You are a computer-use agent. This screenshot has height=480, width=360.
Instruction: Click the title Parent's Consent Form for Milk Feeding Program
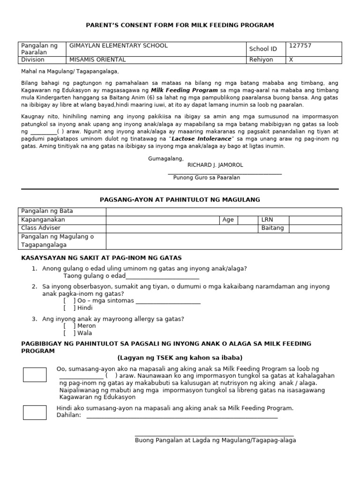180,25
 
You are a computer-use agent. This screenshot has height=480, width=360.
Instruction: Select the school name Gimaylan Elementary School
118,45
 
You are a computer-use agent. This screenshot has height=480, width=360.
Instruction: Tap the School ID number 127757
300,45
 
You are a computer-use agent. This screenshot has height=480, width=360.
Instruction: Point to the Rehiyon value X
291,60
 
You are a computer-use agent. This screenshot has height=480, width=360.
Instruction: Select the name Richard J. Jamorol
215,165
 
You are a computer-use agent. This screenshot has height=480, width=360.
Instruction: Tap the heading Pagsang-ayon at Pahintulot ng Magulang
180,200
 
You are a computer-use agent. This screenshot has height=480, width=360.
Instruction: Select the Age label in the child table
228,219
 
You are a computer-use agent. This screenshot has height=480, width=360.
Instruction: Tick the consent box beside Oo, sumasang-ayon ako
35,375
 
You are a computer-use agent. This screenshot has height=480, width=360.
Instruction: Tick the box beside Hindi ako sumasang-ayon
35,412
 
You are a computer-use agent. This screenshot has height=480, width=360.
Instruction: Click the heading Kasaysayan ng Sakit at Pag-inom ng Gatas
102,258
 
